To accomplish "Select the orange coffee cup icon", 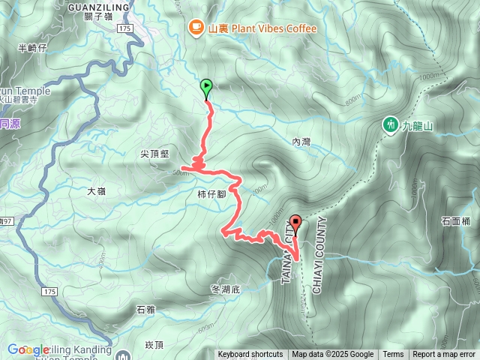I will click(196, 28).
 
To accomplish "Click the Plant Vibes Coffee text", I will click(262, 28).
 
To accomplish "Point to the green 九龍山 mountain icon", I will click(390, 125).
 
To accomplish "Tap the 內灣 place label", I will click(301, 141).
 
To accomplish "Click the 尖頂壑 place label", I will click(154, 154).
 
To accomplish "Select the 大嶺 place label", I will click(96, 191).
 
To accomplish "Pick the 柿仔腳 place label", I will click(201, 194).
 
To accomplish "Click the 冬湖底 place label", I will click(224, 289).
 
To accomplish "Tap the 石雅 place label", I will click(145, 309).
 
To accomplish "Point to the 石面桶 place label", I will click(455, 221).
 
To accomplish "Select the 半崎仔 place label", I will click(31, 48).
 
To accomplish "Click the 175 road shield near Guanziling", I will click(124, 28).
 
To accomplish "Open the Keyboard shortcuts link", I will click(250, 355).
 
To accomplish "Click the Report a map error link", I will click(444, 355).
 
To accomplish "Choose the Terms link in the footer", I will click(393, 355).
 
